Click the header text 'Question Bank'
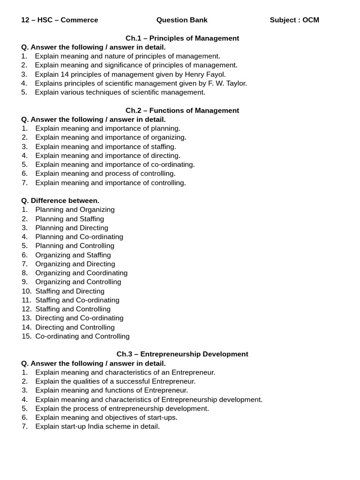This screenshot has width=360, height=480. coord(182,20)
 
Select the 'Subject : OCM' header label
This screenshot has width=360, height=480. coord(294,20)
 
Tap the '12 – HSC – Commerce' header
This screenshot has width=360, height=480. coord(60,20)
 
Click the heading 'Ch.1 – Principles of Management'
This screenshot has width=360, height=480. coord(182,38)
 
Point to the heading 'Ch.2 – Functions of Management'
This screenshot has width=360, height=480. coord(182,110)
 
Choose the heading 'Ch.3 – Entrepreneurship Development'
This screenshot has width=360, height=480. coord(182,354)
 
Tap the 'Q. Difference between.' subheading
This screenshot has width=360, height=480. coord(60,201)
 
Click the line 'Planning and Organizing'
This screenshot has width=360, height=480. coord(75,210)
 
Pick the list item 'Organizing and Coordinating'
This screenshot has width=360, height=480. coord(82,273)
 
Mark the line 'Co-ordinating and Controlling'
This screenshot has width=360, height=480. coord(82,336)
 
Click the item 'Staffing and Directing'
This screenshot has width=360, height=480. coord(70,291)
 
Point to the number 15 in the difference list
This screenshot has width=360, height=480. coord(26,336)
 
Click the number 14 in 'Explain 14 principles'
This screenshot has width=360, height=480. coord(64,74)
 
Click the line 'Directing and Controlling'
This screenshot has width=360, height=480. coord(75,327)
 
